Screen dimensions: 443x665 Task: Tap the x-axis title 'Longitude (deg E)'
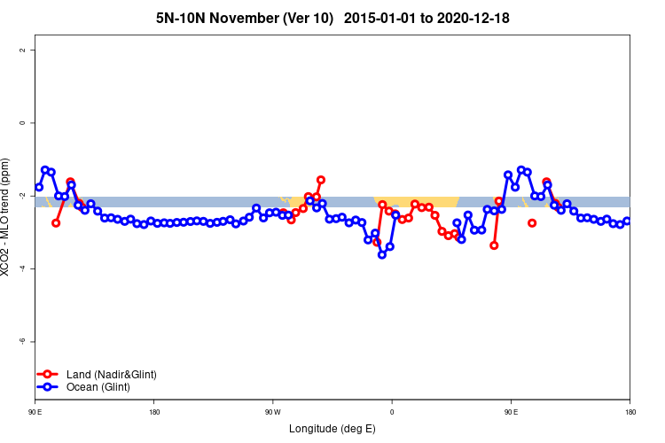tap(332, 429)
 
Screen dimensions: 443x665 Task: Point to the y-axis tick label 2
tap(24, 50)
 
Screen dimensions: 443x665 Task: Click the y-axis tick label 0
tap(24, 122)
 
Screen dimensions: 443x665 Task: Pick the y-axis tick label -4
tap(24, 268)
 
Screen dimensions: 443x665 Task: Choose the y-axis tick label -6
tap(24, 341)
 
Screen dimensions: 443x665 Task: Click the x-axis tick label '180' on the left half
tap(154, 412)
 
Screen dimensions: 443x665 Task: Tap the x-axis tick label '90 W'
tap(272, 412)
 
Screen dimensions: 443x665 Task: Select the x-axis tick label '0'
tap(391, 412)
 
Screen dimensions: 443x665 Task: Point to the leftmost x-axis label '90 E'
tap(35, 412)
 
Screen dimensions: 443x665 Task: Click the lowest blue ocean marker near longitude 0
tap(382, 254)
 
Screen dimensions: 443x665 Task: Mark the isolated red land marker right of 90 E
tap(532, 223)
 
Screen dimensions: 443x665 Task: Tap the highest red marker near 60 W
tap(321, 180)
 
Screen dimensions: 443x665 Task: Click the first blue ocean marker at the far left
tap(39, 187)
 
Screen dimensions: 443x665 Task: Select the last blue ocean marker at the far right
tap(627, 221)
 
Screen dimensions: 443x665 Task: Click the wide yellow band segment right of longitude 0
tap(417, 201)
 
